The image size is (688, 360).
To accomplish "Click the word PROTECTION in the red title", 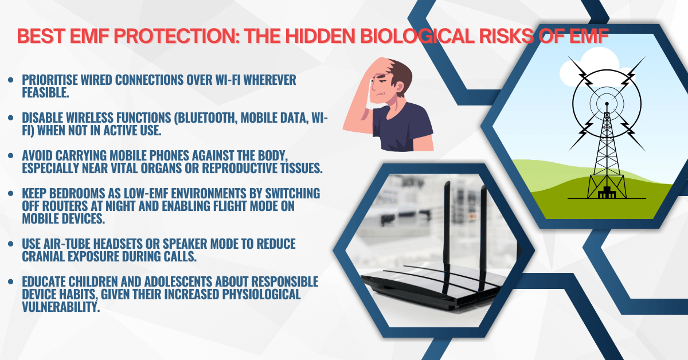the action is tap(175, 36).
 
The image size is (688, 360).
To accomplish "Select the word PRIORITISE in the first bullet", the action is tap(50, 80).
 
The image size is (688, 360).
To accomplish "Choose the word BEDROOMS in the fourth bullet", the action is tap(77, 194).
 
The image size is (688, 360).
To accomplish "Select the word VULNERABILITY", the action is tap(61, 307).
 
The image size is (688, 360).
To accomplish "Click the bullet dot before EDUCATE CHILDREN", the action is tap(11, 281).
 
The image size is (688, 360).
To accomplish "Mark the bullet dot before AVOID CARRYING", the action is tap(11, 155).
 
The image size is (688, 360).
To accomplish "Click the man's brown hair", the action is tap(399, 74).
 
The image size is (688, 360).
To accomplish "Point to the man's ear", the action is tap(399, 87).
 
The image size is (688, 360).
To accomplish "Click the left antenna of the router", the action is tap(446, 237).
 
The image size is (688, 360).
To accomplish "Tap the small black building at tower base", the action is tap(607, 193).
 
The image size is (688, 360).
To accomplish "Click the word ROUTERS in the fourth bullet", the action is tap(64, 206).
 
